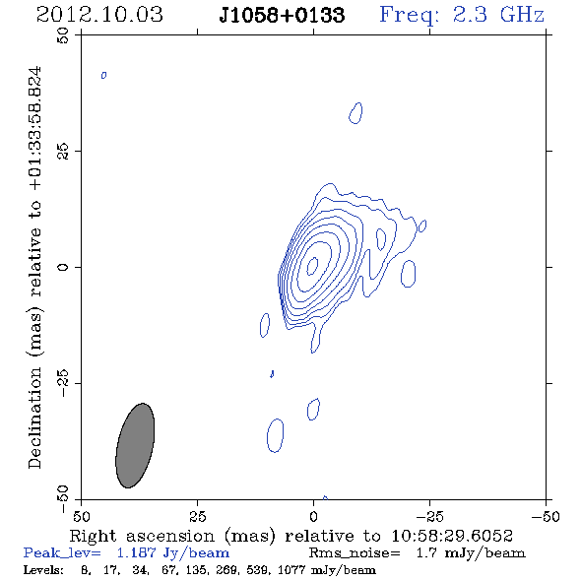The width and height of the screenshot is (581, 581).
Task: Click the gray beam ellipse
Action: pos(135,445)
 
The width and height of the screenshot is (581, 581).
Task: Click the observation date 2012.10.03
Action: pos(99,15)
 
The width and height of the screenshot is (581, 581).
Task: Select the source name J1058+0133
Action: pos(282,15)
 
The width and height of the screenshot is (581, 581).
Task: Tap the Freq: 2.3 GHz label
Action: pos(462,15)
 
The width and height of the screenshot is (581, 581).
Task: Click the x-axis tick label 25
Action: pos(197,516)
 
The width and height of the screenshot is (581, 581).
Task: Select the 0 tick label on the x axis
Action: pos(313,516)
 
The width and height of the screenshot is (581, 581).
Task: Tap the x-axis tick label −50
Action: pos(546,516)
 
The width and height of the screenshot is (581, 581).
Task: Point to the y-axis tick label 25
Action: pos(63,152)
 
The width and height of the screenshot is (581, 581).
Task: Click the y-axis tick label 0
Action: pos(63,267)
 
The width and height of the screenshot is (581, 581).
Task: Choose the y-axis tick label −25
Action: pos(63,383)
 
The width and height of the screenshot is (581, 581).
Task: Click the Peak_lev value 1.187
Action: pos(136,552)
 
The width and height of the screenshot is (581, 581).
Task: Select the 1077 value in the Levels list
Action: pos(291,569)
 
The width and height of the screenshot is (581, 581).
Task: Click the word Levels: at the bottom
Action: pos(43,569)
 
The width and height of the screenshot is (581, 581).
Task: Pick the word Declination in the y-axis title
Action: pos(34,418)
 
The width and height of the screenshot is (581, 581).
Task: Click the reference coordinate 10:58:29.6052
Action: pos(452,536)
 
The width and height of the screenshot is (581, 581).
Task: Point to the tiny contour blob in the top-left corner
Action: pos(103,75)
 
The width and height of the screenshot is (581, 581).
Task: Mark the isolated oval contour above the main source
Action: pos(355,113)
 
